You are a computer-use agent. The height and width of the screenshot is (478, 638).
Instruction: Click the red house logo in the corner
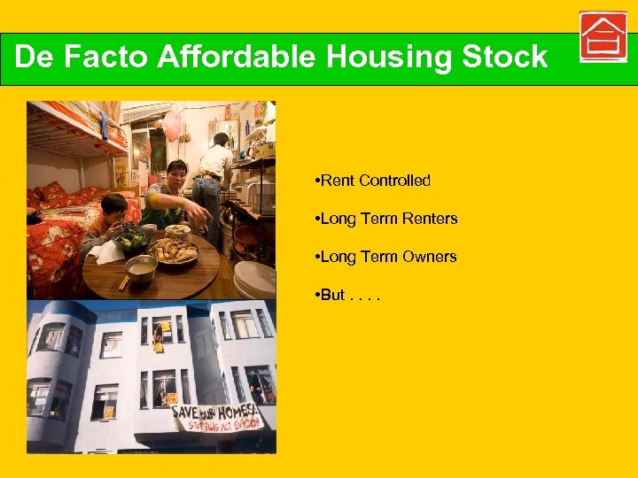coord(603,37)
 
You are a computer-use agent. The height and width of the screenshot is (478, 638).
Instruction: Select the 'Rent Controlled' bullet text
coord(372,181)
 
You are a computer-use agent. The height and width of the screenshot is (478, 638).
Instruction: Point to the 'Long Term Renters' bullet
coord(385,219)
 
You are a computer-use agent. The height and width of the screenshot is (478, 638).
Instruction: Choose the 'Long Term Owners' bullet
coord(385,257)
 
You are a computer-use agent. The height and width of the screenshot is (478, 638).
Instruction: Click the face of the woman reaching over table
coord(176,173)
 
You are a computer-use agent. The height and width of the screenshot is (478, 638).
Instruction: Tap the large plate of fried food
coord(175,251)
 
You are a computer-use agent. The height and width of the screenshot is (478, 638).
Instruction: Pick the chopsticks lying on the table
coord(125,281)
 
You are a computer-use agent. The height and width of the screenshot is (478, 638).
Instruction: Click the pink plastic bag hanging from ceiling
coord(172,124)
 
